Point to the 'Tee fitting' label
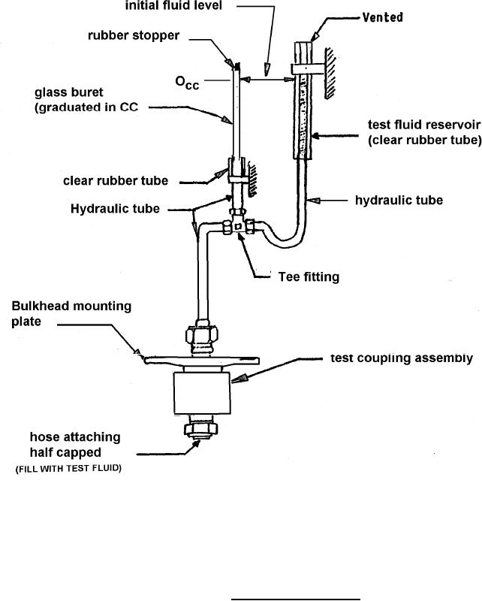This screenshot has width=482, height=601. click(x=308, y=277)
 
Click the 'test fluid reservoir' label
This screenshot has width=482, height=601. click(x=423, y=125)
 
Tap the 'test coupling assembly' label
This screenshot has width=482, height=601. click(x=402, y=358)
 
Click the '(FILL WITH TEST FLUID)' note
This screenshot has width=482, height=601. click(x=68, y=469)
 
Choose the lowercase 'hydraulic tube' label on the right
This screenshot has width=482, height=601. click(x=399, y=201)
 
